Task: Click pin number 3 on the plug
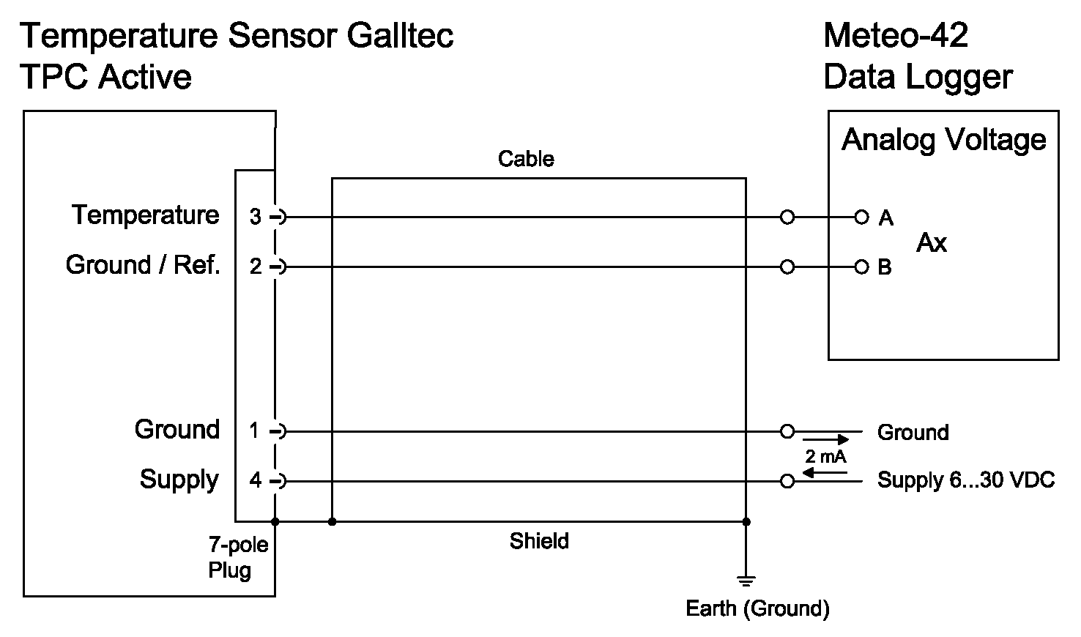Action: pos(255,217)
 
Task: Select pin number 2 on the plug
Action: pos(255,267)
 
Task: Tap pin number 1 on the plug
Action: pos(254,431)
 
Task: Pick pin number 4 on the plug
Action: pos(255,481)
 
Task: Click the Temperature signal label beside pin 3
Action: pos(145,215)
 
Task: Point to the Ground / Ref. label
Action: pos(143,265)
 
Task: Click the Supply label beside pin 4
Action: pos(179,480)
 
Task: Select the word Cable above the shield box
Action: pos(526,159)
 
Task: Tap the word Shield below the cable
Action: pos(539,541)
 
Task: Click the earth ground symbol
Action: pos(746,582)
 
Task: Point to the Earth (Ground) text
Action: pos(757,608)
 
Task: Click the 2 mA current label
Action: pos(825,457)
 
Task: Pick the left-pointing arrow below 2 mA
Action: pos(825,473)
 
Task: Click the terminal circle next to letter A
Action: pos(861,217)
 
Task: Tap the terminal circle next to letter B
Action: pos(861,267)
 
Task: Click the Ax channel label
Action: pos(932,242)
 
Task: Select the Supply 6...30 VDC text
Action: pos(965,480)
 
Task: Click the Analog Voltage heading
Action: pos(943,140)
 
